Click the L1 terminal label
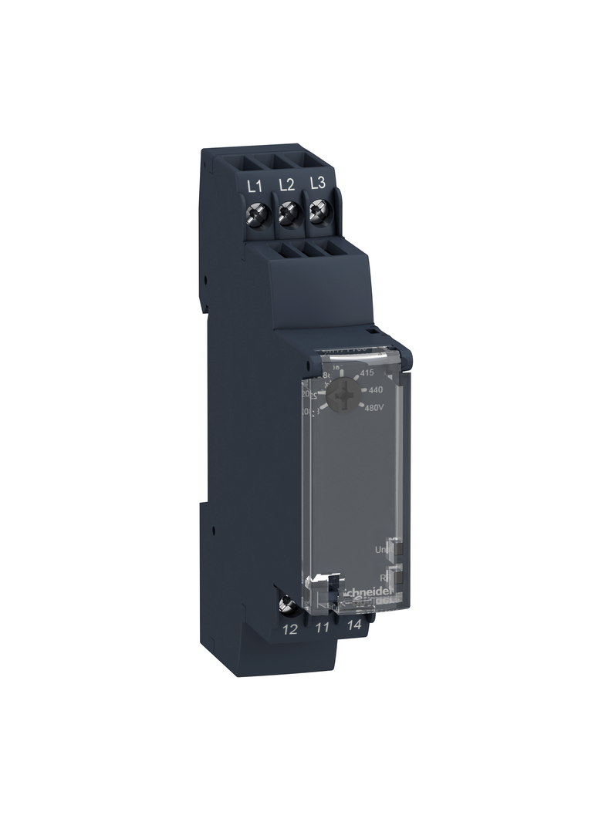click(254, 185)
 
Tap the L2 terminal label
click(286, 184)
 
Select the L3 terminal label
click(316, 184)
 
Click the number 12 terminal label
click(290, 629)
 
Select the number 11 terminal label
click(323, 628)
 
